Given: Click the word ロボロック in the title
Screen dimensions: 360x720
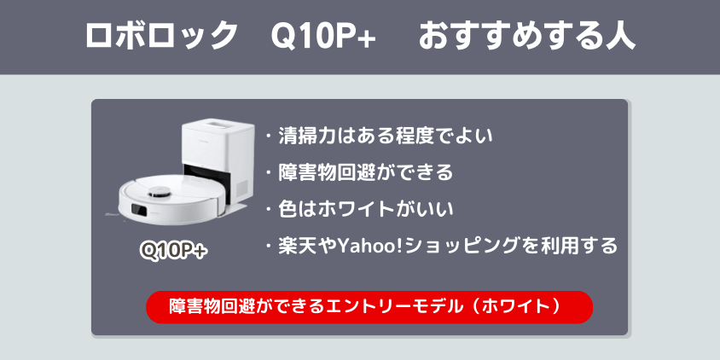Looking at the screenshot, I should [161, 37].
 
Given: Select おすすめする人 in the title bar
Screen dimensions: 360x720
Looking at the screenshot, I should [527, 37].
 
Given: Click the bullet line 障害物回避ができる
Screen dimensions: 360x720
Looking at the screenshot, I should [365, 172].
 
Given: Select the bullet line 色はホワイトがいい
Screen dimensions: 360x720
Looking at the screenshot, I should [365, 209].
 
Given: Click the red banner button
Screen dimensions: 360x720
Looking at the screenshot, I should [369, 306].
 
